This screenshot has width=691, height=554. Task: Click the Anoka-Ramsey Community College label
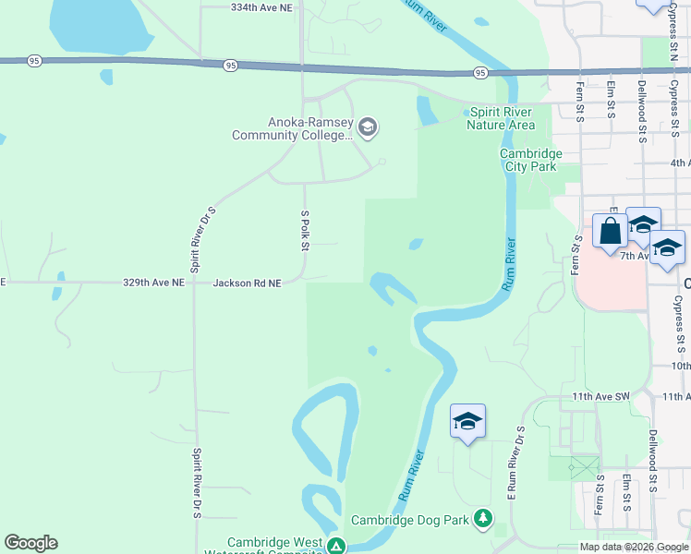pos(293,128)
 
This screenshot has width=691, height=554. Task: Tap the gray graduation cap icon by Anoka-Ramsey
pos(368,126)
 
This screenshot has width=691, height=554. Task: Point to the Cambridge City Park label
pos(529,160)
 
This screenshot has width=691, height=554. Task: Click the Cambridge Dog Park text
pos(410,520)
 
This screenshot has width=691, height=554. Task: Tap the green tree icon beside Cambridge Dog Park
pos(482,518)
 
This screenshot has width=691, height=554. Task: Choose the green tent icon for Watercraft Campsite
pos(337,547)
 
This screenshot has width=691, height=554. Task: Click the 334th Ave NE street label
pos(266,6)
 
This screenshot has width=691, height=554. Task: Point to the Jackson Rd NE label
pos(247,283)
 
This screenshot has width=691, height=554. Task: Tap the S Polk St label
pos(304,230)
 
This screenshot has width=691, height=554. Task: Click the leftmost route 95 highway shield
pos(34,61)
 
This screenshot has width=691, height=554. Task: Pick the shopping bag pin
pos(611,231)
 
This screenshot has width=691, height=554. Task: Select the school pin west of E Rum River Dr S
pos(467,421)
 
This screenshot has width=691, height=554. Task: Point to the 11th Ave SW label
pos(600,396)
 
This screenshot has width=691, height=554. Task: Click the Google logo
pos(30,543)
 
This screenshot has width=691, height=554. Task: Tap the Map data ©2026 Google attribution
pos(634,547)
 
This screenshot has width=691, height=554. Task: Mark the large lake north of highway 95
pos(99,23)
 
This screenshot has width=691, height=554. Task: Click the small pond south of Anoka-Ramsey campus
pos(415,245)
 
